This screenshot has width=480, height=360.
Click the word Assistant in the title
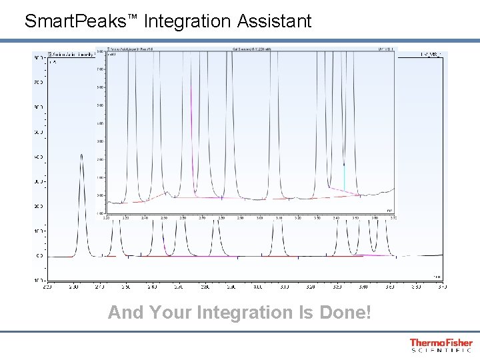pyautogui.click(x=275, y=22)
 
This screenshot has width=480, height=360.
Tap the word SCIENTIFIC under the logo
pyautogui.click(x=441, y=350)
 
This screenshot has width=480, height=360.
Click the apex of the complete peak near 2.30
pyautogui.click(x=82, y=155)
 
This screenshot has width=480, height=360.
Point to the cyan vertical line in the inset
pyautogui.click(x=344, y=177)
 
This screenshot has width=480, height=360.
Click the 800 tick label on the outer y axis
pyautogui.click(x=38, y=58)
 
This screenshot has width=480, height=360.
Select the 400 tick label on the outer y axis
pyautogui.click(x=38, y=157)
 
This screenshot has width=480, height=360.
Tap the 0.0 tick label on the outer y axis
pyautogui.click(x=39, y=256)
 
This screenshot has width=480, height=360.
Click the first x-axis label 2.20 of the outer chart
pyautogui.click(x=47, y=287)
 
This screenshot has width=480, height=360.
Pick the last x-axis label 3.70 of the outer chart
pyautogui.click(x=442, y=287)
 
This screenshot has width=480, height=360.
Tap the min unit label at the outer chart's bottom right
pyautogui.click(x=436, y=275)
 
